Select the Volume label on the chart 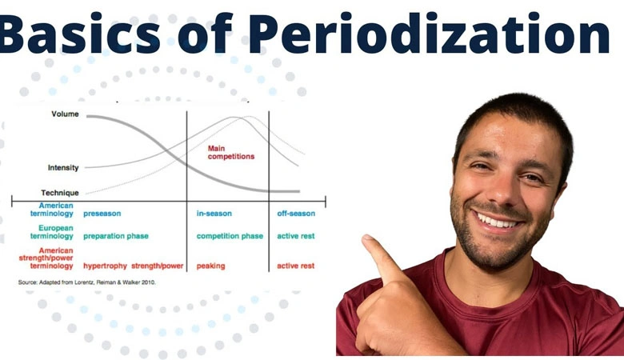click(65, 114)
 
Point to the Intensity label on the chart click(63, 168)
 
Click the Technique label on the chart click(60, 193)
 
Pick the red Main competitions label click(230, 152)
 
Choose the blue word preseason click(102, 214)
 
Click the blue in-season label click(214, 214)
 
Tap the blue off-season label click(296, 214)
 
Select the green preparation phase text click(115, 236)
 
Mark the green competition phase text click(230, 236)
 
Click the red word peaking click(210, 266)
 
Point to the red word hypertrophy click(105, 266)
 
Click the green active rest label click(295, 236)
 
